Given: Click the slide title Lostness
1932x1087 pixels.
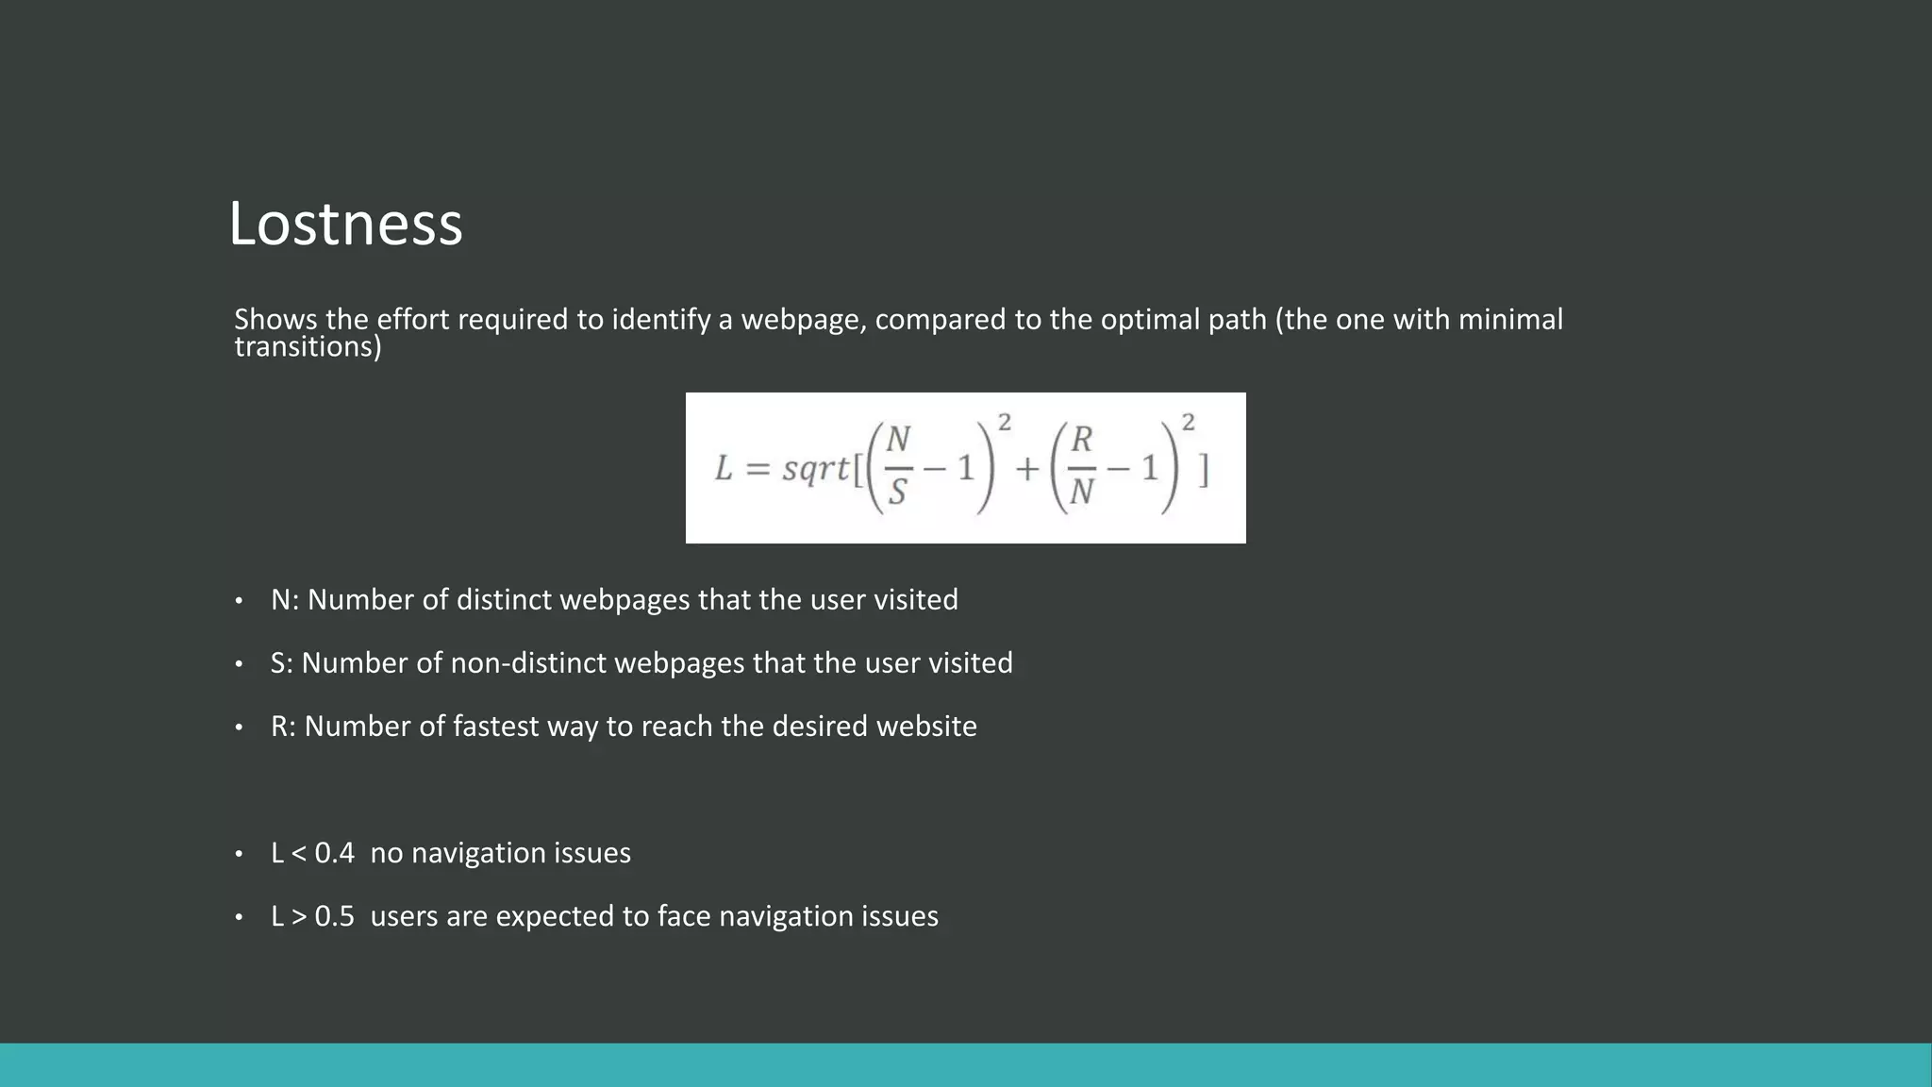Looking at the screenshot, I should pyautogui.click(x=345, y=225).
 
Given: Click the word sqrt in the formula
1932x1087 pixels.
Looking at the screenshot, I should pyautogui.click(x=815, y=468).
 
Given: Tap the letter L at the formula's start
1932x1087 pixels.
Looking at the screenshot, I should pyautogui.click(x=724, y=468).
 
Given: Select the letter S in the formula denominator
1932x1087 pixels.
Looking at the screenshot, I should pyautogui.click(x=897, y=493).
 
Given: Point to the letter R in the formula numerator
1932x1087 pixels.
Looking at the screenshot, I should pyautogui.click(x=1082, y=440).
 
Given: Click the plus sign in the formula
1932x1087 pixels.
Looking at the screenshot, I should pyautogui.click(x=1026, y=468).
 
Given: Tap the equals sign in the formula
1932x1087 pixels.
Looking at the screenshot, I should pyautogui.click(x=758, y=469).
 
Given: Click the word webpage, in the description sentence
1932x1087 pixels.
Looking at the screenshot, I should pyautogui.click(x=803, y=320).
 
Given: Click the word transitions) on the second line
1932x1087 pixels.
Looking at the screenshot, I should pyautogui.click(x=308, y=347).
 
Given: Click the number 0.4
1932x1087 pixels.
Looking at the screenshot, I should pyautogui.click(x=334, y=853).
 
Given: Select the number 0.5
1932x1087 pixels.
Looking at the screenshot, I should pyautogui.click(x=334, y=916).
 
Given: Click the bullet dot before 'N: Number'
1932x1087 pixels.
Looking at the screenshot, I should pyautogui.click(x=240, y=601).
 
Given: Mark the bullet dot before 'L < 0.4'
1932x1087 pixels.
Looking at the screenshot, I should pyautogui.click(x=240, y=854).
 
